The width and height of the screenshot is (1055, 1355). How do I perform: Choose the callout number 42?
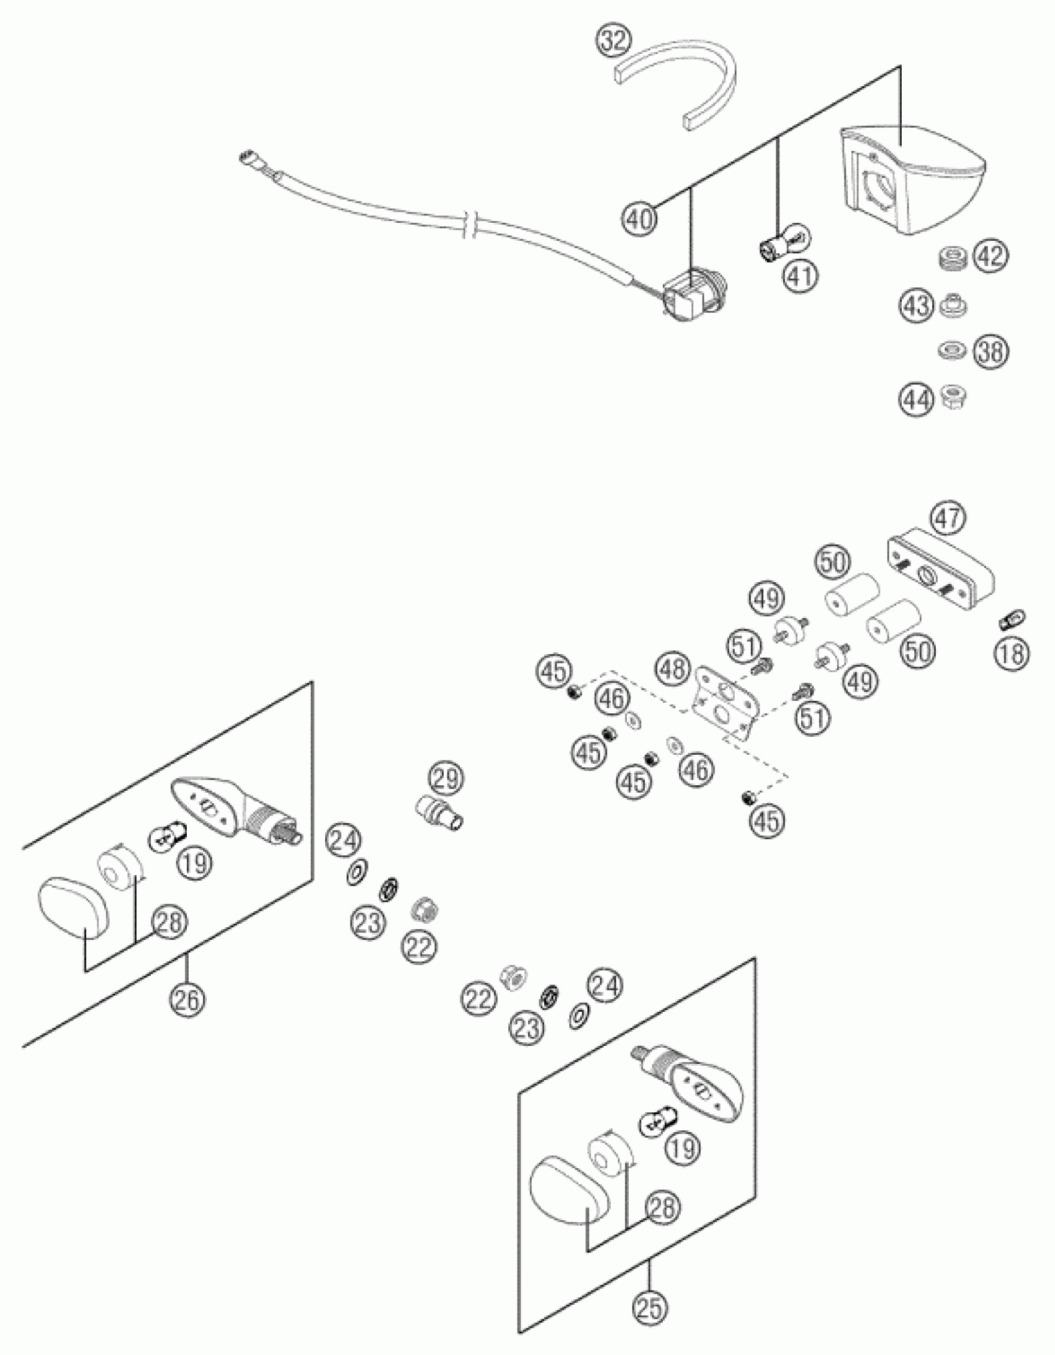[990, 255]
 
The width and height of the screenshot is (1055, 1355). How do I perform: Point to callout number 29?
[446, 779]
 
